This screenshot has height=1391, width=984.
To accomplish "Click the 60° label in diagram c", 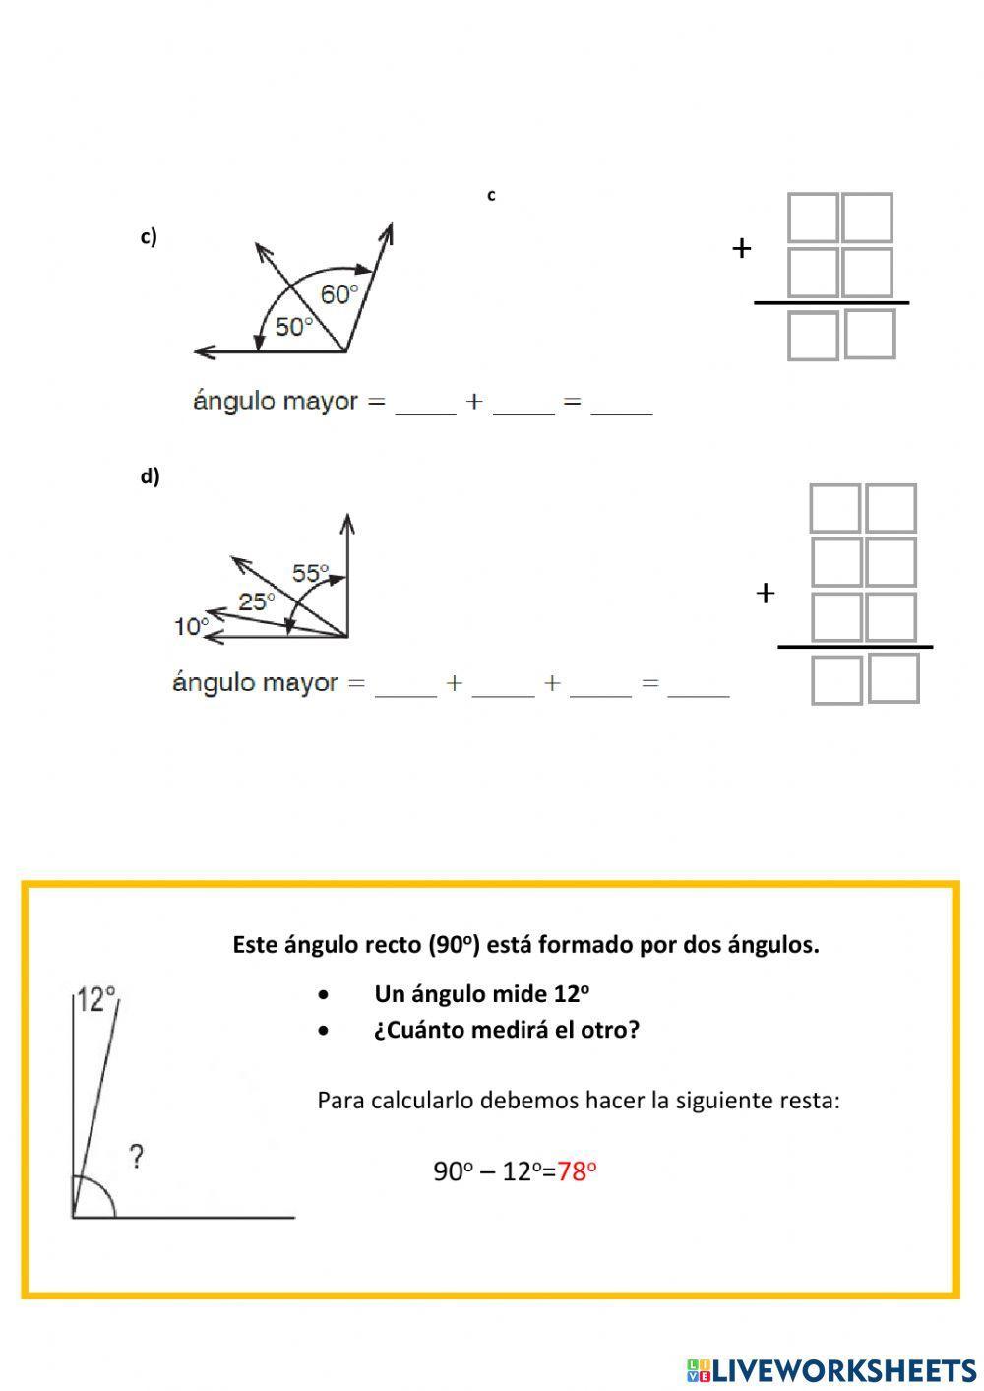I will tap(338, 293).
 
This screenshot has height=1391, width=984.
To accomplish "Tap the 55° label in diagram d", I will tap(310, 573).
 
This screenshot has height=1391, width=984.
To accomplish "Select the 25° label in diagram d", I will tap(257, 601).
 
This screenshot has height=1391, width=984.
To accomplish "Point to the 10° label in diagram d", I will tap(191, 626).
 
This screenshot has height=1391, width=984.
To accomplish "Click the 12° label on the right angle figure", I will tap(96, 999).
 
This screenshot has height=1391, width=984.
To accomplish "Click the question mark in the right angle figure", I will tap(137, 1156).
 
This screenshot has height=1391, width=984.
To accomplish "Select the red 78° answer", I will tap(578, 1170).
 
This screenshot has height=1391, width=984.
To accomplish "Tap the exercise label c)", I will tap(149, 236).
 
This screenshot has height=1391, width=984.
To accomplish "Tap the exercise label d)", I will tap(150, 476).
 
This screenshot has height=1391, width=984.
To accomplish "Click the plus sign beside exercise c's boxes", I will tap(741, 248).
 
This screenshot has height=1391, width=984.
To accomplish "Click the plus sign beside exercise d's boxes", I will tap(765, 593).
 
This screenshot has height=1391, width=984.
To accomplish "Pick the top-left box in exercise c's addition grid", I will tap(813, 218).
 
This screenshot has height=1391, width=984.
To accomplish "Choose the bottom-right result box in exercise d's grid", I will tap(893, 678).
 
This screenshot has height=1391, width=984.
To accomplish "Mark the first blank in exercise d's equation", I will tap(405, 685).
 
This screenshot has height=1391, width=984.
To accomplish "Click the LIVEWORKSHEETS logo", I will tap(831, 1369).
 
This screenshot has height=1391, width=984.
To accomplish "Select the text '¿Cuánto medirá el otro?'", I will tap(506, 1030).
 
